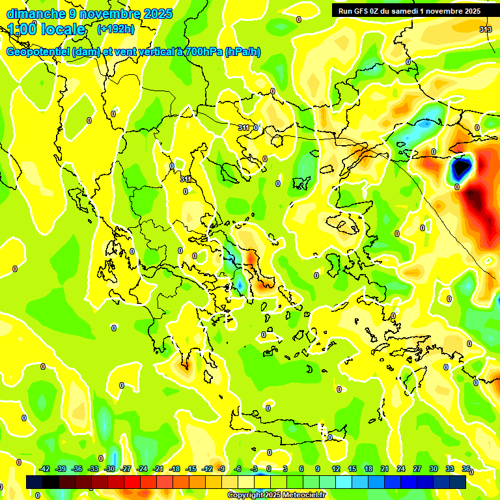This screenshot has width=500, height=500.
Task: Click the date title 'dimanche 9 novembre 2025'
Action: point(89,14)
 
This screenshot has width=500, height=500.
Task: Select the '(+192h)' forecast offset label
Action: point(115,29)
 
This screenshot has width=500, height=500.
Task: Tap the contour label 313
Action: point(486,29)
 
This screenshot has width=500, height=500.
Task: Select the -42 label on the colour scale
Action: point(45,469)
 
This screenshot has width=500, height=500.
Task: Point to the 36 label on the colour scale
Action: point(466,469)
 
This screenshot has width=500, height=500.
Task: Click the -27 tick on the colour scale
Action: point(126,469)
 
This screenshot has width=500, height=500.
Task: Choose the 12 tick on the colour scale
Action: point(335,469)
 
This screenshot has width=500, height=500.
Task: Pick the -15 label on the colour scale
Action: point(191,469)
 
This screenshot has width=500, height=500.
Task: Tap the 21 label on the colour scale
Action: point(385,469)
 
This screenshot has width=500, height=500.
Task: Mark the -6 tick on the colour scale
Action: point(238,469)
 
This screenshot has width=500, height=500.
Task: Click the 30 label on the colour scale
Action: point(434,469)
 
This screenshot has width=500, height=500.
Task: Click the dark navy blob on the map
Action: point(461,168)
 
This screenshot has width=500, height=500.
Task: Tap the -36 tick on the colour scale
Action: point(77,469)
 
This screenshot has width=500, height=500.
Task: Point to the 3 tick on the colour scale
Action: point(285,469)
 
